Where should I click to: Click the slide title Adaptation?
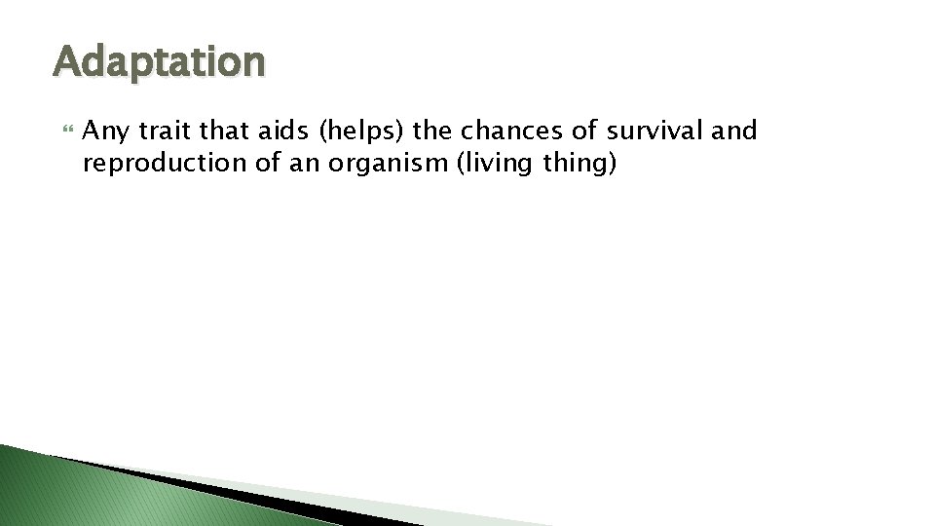click(x=159, y=61)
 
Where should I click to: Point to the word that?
click(x=222, y=131)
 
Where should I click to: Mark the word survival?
click(x=655, y=131)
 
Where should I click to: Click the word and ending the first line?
click(x=735, y=131)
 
